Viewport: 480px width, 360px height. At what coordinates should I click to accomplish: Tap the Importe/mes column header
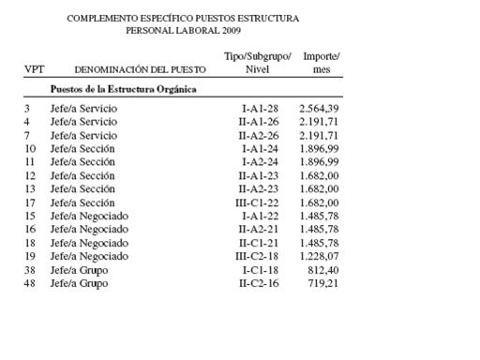322,63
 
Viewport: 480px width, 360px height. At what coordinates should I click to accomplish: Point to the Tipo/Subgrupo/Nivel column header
258,63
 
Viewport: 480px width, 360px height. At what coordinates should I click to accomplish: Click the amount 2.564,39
319,110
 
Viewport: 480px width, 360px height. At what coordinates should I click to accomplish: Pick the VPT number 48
30,282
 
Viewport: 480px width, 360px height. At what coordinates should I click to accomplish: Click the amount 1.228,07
319,256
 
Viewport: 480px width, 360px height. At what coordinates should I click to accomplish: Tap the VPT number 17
30,202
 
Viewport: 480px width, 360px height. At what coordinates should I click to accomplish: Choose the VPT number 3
27,110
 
